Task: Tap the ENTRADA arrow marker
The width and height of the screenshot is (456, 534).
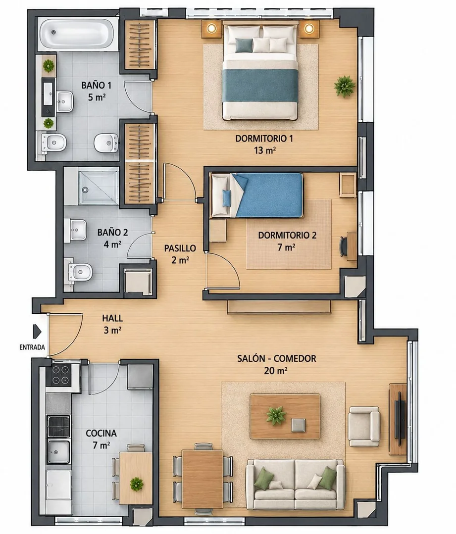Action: [37, 332]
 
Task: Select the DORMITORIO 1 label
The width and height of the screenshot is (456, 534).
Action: [264, 139]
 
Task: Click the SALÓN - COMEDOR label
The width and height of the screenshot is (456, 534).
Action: [277, 358]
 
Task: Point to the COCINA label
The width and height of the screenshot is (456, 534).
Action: [101, 433]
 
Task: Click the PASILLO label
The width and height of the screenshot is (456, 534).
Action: [180, 248]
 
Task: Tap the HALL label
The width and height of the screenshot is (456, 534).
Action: [112, 318]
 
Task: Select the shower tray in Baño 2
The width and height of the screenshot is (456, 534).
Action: [99, 188]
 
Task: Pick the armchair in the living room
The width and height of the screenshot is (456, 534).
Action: [363, 426]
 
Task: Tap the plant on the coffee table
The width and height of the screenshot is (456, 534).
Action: [276, 416]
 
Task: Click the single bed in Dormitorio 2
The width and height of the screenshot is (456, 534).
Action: [257, 195]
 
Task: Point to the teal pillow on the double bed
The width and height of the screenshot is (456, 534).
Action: [244, 46]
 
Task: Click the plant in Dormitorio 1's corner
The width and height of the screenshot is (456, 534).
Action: [345, 86]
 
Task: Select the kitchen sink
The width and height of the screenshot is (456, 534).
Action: [58, 451]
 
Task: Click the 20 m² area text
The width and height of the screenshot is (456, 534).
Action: [275, 371]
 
